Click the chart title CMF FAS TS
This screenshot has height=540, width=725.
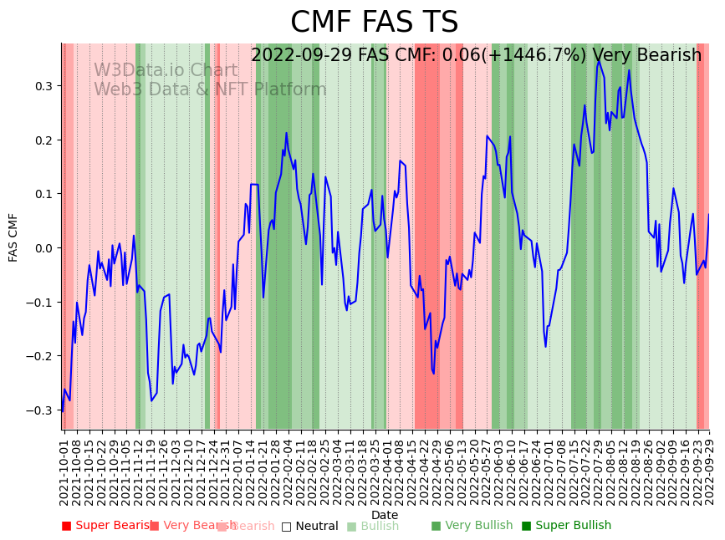[374, 23]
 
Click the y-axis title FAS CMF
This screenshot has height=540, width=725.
[13, 237]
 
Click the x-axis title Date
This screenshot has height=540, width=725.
[385, 515]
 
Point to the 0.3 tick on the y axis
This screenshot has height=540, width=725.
[43, 86]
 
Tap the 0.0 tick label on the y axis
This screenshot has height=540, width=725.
[43, 248]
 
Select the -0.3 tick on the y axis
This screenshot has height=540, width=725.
[40, 410]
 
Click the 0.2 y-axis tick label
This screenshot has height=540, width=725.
[43, 140]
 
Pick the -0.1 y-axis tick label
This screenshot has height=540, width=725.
[40, 303]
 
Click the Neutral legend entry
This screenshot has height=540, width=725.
[310, 526]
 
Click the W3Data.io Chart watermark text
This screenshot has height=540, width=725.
[166, 70]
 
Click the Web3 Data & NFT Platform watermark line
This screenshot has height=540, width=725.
[210, 89]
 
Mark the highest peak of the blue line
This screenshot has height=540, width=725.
[599, 60]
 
